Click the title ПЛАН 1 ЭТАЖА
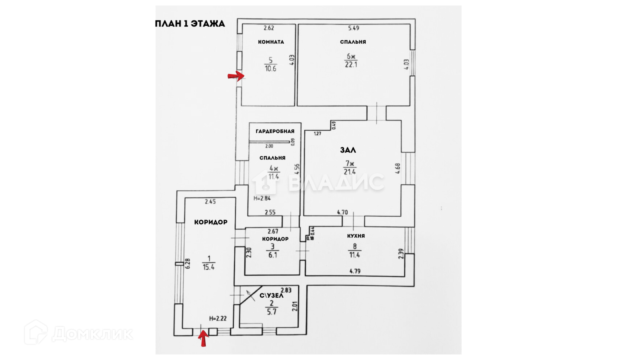190,24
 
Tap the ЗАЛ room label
348,150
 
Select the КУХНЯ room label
356,236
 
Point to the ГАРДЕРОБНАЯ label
275,131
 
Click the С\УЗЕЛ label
272,296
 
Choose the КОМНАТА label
271,42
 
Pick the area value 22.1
351,64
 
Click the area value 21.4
350,172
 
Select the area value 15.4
208,267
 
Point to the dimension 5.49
354,28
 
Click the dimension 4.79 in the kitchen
355,271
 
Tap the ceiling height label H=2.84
262,198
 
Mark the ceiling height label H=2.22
218,318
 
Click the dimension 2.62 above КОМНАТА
269,28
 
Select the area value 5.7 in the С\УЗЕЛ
272,312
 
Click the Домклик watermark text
92,333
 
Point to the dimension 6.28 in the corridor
188,263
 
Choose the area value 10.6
270,68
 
